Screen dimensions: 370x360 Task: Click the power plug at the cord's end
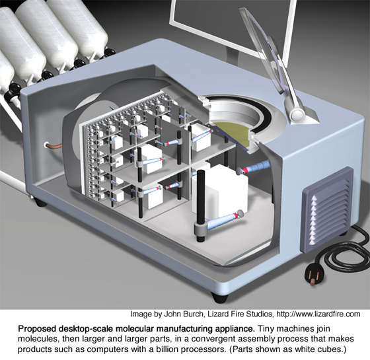pyautogui.click(x=314, y=274)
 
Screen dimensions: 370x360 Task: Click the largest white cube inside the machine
pyautogui.click(x=221, y=190)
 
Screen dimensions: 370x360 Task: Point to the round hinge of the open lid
pyautogui.click(x=297, y=114)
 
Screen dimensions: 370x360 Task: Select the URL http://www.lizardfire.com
pyautogui.click(x=318, y=314)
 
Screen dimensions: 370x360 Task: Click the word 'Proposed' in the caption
pyautogui.click(x=36, y=329)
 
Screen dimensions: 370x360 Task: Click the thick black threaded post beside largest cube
pyautogui.click(x=200, y=205)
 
